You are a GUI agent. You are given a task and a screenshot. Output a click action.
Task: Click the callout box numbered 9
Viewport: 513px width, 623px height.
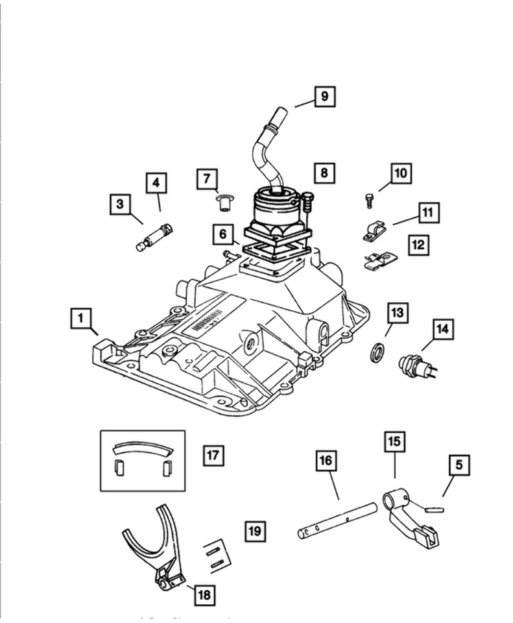[x=325, y=97]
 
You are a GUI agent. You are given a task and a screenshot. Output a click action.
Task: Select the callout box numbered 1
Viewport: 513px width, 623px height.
[x=81, y=319]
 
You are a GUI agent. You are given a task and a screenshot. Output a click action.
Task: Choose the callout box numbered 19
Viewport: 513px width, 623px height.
[x=256, y=531]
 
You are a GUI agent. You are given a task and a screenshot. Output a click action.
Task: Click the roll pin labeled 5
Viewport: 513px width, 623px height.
[x=434, y=509]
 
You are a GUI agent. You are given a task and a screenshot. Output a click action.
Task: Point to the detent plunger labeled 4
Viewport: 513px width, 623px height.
[x=156, y=236]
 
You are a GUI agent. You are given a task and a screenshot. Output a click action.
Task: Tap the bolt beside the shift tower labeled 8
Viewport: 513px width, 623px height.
[x=306, y=202]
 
